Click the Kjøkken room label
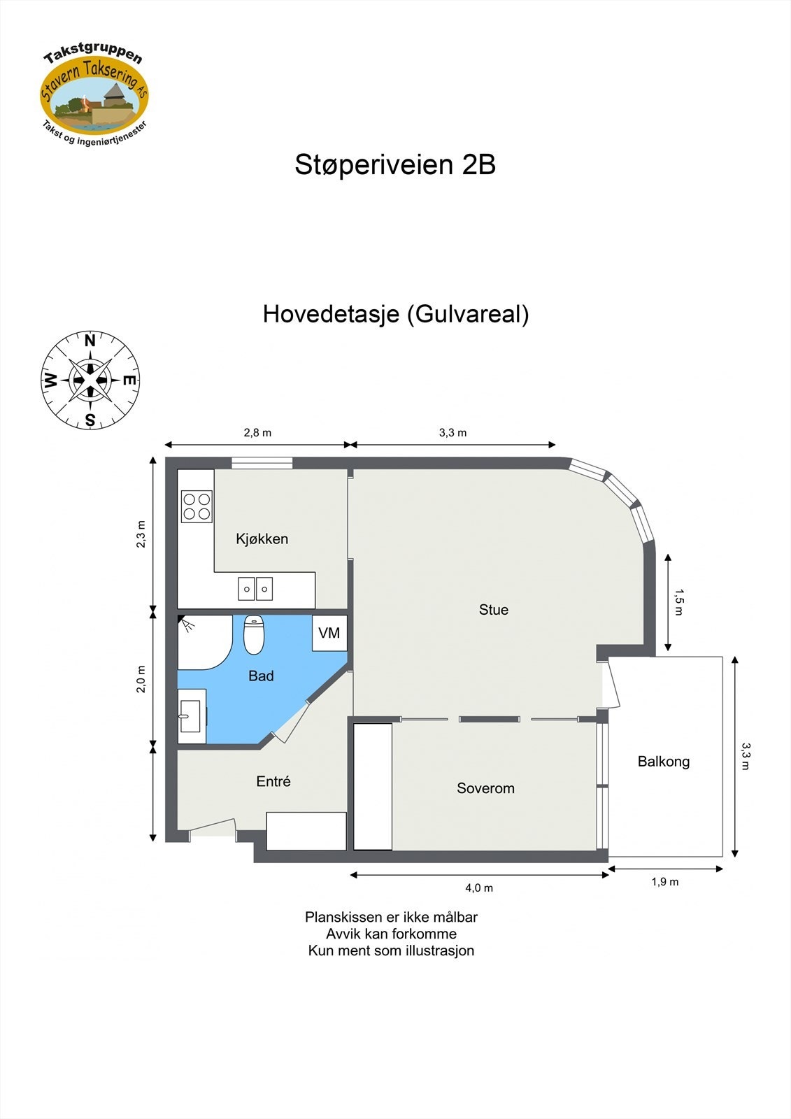click(262, 539)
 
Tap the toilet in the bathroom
click(254, 634)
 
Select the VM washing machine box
click(329, 633)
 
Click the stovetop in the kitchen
click(197, 507)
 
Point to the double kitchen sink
click(255, 589)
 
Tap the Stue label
click(493, 610)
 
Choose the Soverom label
click(485, 788)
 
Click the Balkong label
click(663, 762)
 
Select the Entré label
click(273, 781)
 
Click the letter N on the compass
click(90, 341)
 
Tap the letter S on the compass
click(90, 420)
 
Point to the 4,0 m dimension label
click(479, 888)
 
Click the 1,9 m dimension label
click(664, 882)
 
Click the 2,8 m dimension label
click(257, 433)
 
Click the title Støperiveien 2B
click(395, 165)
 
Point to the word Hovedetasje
click(330, 314)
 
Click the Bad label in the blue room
click(261, 676)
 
